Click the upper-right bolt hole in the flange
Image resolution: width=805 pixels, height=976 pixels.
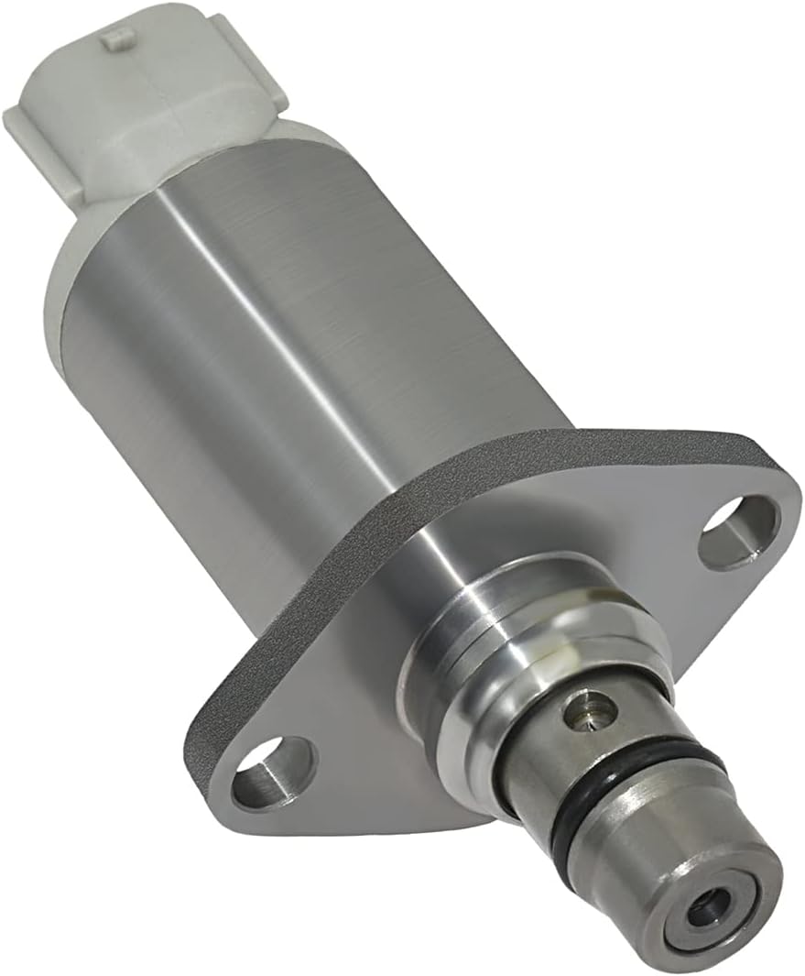(737, 532)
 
